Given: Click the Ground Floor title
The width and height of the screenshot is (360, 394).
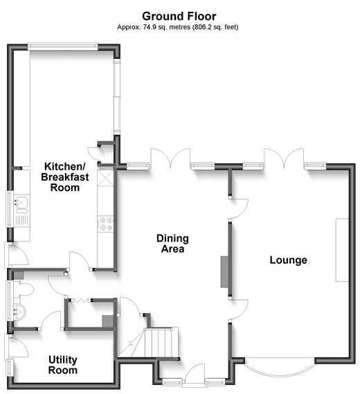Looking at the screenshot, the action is point(179,17).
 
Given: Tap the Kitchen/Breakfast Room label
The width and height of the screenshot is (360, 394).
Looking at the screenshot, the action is point(65,177).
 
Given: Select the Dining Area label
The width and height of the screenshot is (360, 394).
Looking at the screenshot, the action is point(172,244).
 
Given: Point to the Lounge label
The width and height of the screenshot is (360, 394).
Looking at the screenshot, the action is point(289,260).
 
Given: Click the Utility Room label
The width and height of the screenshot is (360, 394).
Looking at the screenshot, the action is point(63,365).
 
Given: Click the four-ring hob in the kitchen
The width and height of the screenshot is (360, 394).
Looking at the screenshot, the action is point(105,224).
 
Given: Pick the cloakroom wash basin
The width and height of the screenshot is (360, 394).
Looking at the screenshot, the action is point(19,312).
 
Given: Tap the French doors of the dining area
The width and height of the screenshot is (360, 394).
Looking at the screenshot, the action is point(170,159).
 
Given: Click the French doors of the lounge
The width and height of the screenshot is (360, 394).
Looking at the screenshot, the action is point(284,159).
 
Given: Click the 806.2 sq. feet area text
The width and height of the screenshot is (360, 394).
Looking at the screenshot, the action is point(215,27).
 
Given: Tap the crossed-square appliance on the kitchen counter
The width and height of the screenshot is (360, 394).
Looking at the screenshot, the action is point(105,179).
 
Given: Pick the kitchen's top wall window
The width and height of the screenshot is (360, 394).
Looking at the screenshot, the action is point(62,46).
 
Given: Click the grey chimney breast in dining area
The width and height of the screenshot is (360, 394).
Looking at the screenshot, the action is point(224,271).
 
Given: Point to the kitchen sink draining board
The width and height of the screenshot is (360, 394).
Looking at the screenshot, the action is point(22,220).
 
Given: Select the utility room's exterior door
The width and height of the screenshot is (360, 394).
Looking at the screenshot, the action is point(17,346).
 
